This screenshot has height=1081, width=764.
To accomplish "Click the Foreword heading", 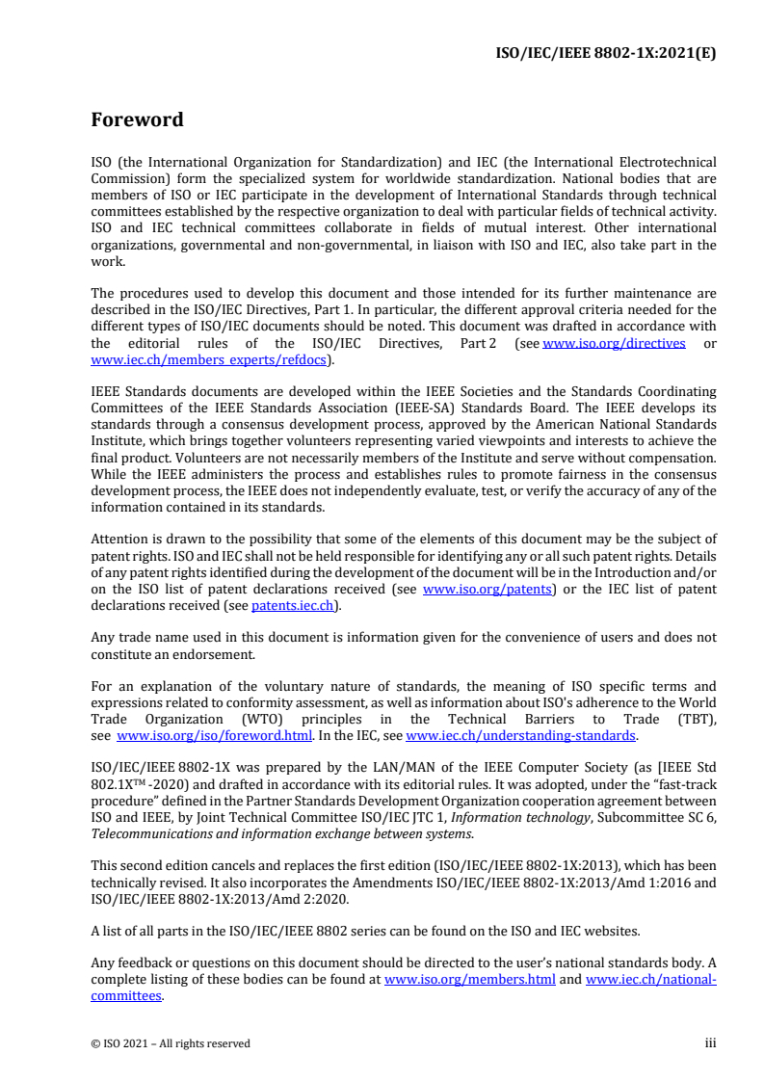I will (137, 120).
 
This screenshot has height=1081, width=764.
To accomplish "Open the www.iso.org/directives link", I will (615, 344).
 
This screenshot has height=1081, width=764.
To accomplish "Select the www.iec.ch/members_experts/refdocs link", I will (210, 359).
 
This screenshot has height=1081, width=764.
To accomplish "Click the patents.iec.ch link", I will (294, 606).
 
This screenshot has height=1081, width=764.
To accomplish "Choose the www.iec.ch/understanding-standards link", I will (521, 735).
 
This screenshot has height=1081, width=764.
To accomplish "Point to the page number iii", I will (710, 1042).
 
